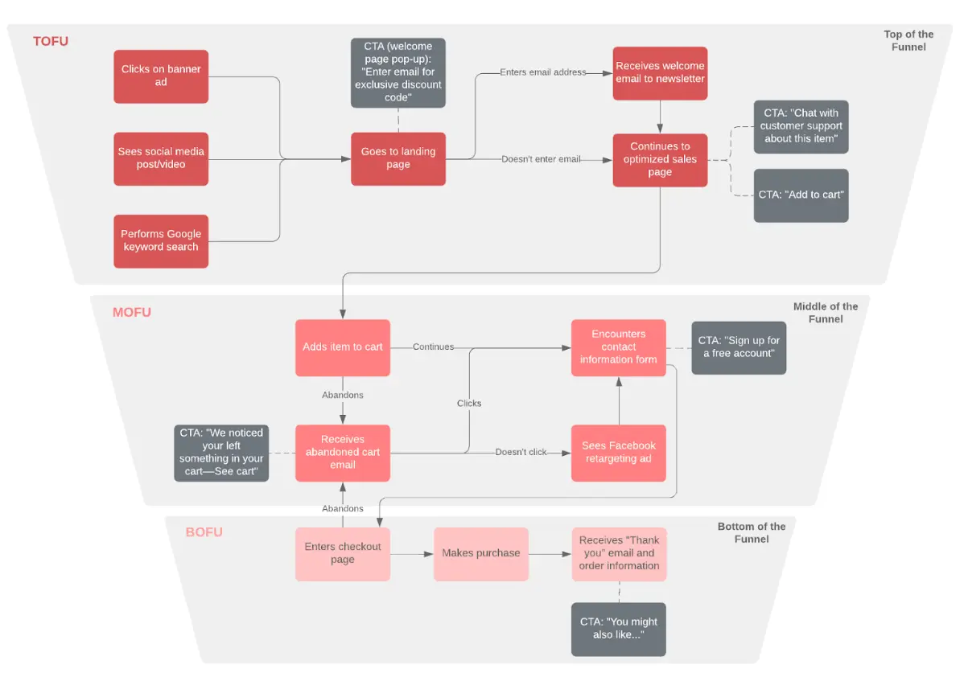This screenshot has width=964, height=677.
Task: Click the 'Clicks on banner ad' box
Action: [x=161, y=76]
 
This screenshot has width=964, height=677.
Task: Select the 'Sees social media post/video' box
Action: [x=161, y=158]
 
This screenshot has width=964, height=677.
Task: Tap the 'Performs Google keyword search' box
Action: [x=161, y=240]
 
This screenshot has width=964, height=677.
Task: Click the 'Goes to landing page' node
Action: [x=398, y=158]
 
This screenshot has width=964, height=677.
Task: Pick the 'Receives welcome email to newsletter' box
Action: [x=660, y=73]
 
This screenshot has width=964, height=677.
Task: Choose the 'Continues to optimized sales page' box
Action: [x=660, y=159]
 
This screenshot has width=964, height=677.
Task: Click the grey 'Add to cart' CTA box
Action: [x=801, y=195]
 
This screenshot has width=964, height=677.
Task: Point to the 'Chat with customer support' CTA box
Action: [x=801, y=126]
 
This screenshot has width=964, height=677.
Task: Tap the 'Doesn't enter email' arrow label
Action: [x=541, y=159]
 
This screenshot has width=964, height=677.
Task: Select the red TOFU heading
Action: [x=51, y=41]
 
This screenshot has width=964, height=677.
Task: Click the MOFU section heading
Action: [x=132, y=312]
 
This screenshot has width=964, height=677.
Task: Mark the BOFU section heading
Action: [x=204, y=532]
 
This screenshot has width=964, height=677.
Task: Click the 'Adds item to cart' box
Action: [x=343, y=347]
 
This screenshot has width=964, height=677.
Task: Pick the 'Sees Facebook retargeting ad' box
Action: [x=619, y=453]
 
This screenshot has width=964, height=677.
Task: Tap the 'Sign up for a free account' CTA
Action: [x=739, y=347]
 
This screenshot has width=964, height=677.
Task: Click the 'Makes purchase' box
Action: [x=481, y=553]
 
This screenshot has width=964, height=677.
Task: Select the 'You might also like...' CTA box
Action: [x=619, y=629]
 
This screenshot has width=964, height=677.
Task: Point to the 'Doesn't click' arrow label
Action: [x=521, y=453]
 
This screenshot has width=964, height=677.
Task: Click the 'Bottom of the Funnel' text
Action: [x=751, y=532]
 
